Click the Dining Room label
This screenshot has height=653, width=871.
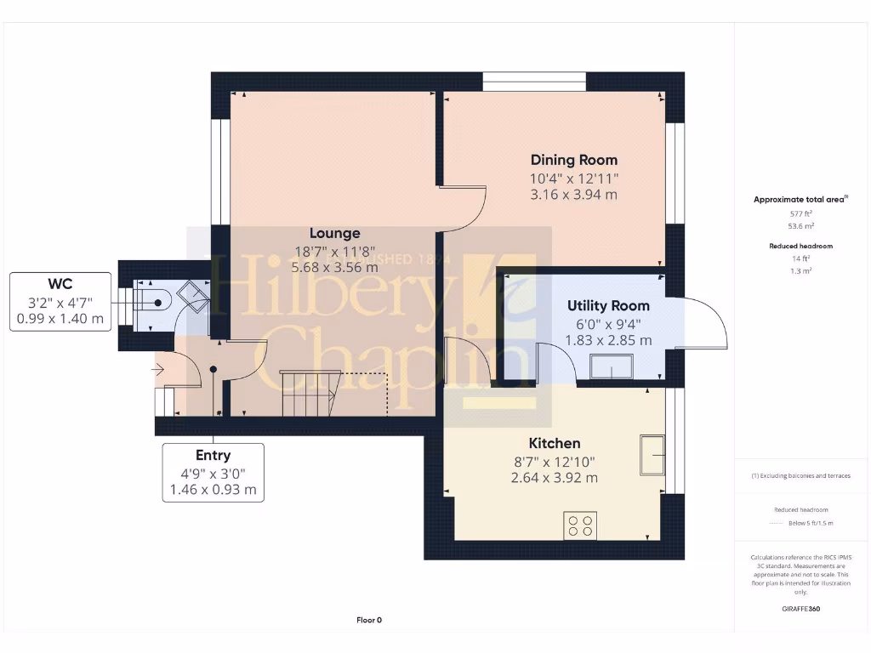pyautogui.click(x=574, y=160)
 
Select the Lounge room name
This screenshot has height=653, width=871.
pyautogui.click(x=334, y=233)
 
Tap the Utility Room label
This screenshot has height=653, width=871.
pyautogui.click(x=608, y=306)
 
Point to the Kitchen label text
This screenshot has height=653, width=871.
pyautogui.click(x=555, y=443)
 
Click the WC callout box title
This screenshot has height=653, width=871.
pyautogui.click(x=60, y=283)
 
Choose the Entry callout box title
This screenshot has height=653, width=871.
pyautogui.click(x=213, y=455)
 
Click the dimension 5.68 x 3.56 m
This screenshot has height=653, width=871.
pyautogui.click(x=334, y=267)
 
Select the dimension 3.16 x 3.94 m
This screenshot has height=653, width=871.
pyautogui.click(x=574, y=195)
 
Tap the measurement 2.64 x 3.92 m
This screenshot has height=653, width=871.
pyautogui.click(x=555, y=478)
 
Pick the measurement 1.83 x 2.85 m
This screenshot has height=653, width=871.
pyautogui.click(x=608, y=340)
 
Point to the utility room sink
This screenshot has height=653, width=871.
pyautogui.click(x=611, y=366)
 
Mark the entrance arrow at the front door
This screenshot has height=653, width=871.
pyautogui.click(x=160, y=370)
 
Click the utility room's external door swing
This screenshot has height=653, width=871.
pyautogui.click(x=702, y=323)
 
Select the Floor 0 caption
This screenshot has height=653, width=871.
pyautogui.click(x=369, y=620)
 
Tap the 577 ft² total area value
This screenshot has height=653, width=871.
pyautogui.click(x=799, y=214)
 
